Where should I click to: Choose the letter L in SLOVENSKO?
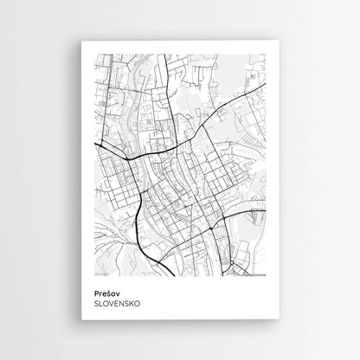pos(102,305)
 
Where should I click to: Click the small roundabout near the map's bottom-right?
pos(235,260)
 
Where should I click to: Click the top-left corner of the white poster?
pos(81,41)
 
